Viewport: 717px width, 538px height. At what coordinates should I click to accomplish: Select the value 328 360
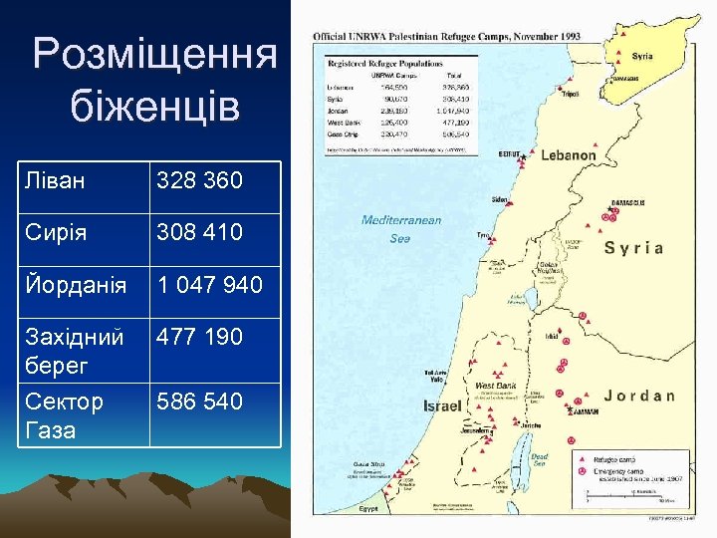(x=199, y=181)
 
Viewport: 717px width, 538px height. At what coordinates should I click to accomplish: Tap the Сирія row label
(x=57, y=232)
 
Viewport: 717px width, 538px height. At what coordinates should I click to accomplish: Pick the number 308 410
(x=199, y=232)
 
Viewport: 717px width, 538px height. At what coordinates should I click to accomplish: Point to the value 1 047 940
(x=208, y=285)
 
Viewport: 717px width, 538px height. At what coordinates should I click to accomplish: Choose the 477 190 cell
(x=199, y=338)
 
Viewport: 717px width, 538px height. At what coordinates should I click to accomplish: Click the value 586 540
(x=199, y=402)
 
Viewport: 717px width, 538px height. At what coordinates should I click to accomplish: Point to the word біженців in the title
(x=154, y=106)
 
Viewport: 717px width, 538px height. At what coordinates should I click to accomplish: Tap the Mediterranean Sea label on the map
(x=400, y=228)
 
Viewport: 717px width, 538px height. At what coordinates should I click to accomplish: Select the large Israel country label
(x=442, y=406)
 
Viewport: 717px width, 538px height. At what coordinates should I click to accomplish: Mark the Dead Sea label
(x=539, y=459)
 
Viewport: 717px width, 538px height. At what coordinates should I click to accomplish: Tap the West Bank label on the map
(x=495, y=386)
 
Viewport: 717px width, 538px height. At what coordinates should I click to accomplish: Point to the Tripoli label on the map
(x=570, y=95)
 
